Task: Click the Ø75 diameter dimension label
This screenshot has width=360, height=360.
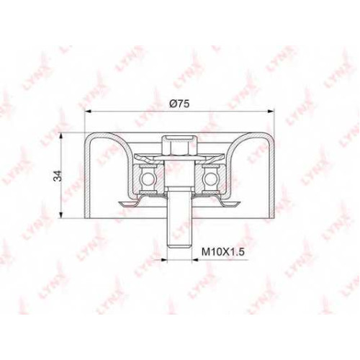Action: click(179, 104)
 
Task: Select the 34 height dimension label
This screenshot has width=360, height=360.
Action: click(58, 176)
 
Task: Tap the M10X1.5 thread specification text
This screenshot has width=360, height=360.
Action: click(222, 252)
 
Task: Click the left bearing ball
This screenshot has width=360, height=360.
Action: click(147, 178)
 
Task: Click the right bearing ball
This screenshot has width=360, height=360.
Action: click(210, 178)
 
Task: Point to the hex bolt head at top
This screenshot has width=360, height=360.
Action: click(179, 145)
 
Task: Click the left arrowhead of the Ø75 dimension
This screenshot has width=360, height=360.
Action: click(89, 111)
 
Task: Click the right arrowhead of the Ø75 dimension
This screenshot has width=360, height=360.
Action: click(271, 111)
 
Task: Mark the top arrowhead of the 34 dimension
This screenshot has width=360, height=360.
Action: click(62, 136)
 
